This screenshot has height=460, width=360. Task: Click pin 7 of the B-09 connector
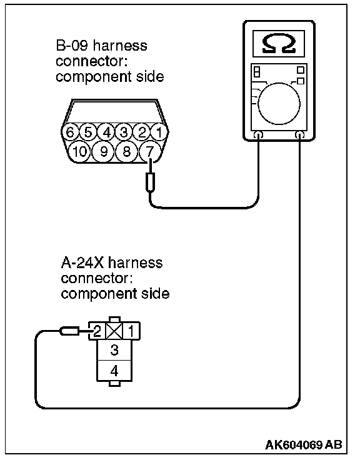pos(149,152)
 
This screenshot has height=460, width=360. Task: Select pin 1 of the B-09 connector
pos(159,132)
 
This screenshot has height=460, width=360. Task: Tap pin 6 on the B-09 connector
pos(70,132)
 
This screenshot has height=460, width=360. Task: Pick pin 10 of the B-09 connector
pos(79,152)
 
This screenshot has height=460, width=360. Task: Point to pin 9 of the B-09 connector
pos(103,152)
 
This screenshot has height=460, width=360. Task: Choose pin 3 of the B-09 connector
pos(124,132)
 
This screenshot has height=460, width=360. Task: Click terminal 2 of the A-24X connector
pos(97,331)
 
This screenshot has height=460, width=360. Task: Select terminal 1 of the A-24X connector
pos(131,331)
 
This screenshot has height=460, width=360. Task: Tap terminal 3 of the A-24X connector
pos(114,350)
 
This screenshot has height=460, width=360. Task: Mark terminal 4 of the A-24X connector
pos(114,371)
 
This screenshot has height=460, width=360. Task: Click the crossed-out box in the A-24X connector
pos(114,331)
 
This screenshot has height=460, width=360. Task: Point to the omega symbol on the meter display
pos(278,44)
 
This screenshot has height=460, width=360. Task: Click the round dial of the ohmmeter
pos(279,104)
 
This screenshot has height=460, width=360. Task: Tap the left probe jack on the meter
pos(258,135)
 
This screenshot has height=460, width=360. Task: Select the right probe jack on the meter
pos(299,135)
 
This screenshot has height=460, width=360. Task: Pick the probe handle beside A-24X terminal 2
pos(69,331)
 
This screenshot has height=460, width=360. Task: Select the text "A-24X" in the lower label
pos(82,262)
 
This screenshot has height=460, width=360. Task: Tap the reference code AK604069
pos(294,445)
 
